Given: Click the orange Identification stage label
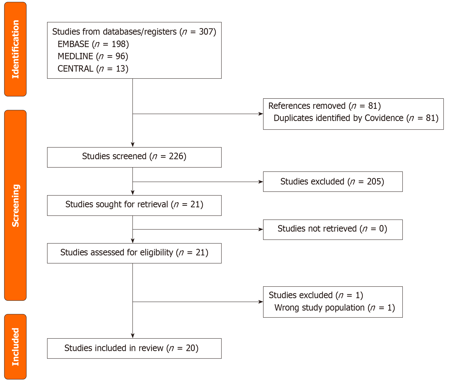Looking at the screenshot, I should (15, 49).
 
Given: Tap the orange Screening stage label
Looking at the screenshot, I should (15, 205).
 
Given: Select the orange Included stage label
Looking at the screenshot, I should (15, 347).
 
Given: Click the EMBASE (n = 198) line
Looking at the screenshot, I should (93, 44).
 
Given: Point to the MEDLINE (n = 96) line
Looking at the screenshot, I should (93, 56).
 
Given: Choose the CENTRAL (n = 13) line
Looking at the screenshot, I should (93, 69).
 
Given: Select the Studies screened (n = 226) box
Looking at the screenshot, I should (134, 157).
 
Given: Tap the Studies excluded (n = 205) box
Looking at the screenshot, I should (332, 181).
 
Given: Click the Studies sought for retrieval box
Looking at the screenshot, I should (134, 205).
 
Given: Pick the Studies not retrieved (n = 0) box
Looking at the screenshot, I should (332, 229).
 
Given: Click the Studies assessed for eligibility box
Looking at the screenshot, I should (134, 253).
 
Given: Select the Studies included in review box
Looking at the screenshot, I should (134, 348).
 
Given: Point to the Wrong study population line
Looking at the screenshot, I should (334, 308).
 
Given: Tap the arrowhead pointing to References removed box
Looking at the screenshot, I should (261, 114).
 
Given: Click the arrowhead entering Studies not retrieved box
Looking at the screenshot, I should (261, 229).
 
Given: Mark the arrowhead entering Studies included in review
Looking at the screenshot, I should (133, 336).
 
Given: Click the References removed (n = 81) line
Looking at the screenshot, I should (324, 106).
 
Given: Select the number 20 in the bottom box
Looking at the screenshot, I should (190, 348).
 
